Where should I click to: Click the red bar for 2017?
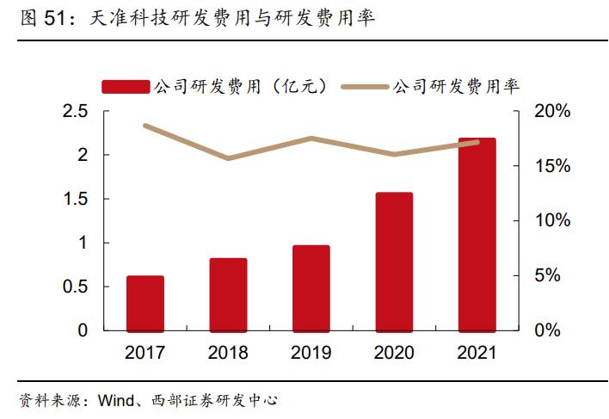point(145,303)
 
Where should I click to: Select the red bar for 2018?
point(228,294)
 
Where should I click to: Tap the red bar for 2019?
point(311,287)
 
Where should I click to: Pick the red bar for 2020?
point(394,262)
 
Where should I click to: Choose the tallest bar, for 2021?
point(477,234)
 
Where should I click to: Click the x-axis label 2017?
point(145,353)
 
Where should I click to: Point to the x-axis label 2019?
point(311,353)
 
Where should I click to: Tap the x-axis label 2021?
point(477,353)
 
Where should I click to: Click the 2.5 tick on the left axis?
point(77,112)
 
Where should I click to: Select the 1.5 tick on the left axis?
point(77,200)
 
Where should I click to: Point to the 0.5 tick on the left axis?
point(77,287)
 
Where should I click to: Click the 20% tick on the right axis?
point(551,112)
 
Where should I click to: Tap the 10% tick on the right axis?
point(551,221)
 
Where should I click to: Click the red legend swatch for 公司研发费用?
point(126,86)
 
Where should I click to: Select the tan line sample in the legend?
point(365,86)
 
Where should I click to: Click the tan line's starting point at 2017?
point(145,126)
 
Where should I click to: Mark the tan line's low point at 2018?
point(228,158)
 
